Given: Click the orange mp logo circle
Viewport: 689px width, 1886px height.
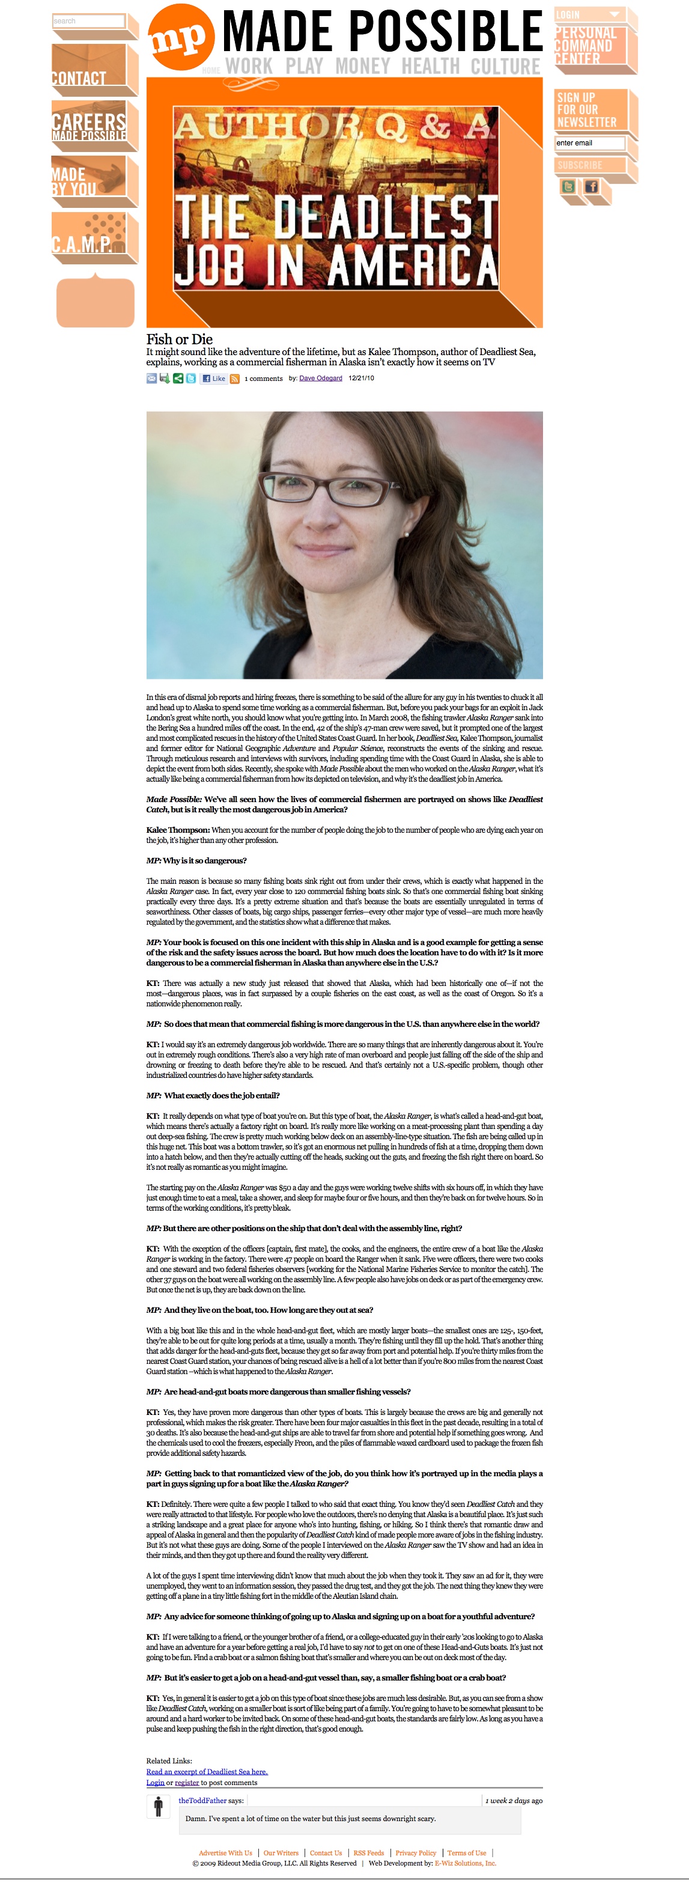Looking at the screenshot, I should (x=181, y=37).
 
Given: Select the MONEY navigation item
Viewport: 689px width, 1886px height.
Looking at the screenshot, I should (x=362, y=67).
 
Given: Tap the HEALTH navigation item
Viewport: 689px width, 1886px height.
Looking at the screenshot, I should (x=430, y=67).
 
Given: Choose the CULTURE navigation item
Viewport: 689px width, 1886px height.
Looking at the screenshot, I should (x=505, y=67).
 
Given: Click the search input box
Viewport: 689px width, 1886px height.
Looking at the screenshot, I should (x=88, y=21).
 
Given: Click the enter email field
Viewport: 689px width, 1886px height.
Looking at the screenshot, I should (x=589, y=143).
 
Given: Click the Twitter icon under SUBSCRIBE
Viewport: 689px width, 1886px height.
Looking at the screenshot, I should (x=568, y=187).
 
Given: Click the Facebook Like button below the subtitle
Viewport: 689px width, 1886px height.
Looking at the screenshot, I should (x=214, y=379).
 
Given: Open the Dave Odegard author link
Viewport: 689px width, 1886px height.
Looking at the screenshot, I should (x=321, y=379).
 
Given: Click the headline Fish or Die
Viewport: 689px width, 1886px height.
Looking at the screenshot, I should (x=180, y=339).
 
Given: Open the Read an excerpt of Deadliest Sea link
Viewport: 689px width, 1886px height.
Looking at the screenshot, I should (x=207, y=1772).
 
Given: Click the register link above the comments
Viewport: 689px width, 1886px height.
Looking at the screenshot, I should (x=187, y=1783).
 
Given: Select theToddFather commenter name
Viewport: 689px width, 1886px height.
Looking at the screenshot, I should (x=202, y=1800).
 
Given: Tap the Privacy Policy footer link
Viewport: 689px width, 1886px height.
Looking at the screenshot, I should (x=415, y=1853).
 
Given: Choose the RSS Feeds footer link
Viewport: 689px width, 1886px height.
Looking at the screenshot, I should (x=368, y=1853).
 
